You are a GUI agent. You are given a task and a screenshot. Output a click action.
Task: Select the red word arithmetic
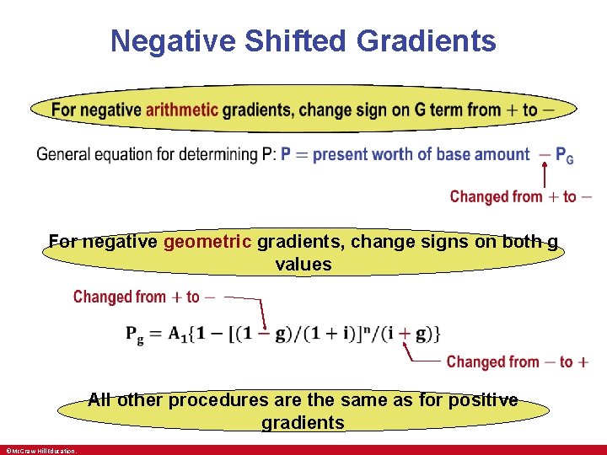(x=181, y=110)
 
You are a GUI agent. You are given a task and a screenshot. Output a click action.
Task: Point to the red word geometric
(x=208, y=242)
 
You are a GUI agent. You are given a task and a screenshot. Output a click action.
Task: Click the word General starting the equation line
(x=64, y=154)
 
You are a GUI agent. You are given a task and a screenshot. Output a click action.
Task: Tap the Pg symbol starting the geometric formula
(x=135, y=333)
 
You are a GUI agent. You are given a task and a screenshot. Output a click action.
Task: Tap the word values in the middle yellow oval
(x=303, y=265)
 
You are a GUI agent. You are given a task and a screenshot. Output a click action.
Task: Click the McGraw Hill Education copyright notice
(x=40, y=451)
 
